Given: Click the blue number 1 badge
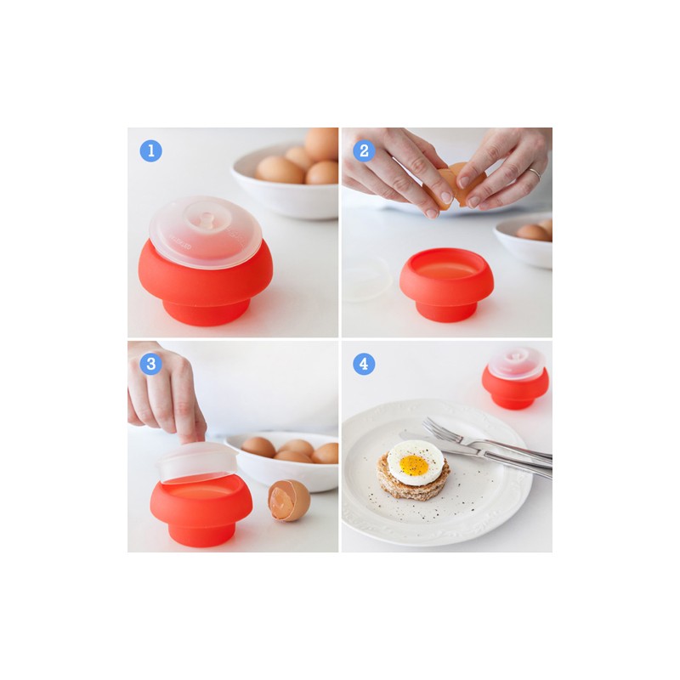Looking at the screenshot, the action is click(x=151, y=151).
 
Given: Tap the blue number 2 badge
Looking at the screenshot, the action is click(x=364, y=151).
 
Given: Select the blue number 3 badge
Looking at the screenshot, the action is click(x=151, y=364).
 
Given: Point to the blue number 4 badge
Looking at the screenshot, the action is click(x=364, y=364).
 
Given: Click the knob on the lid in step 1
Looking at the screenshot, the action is click(x=207, y=220).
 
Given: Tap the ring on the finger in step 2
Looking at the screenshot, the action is click(x=535, y=173).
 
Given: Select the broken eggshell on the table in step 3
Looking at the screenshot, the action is click(x=289, y=501).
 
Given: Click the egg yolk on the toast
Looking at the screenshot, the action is click(x=414, y=465).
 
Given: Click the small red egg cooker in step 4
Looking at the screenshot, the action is click(x=515, y=378).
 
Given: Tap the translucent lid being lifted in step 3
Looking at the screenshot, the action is click(x=197, y=462).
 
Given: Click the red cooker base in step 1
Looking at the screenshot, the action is click(x=206, y=286).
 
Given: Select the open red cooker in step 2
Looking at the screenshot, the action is click(x=447, y=284).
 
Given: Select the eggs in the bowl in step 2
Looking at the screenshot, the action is click(x=535, y=230).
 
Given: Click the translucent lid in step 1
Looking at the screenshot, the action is click(x=206, y=232).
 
